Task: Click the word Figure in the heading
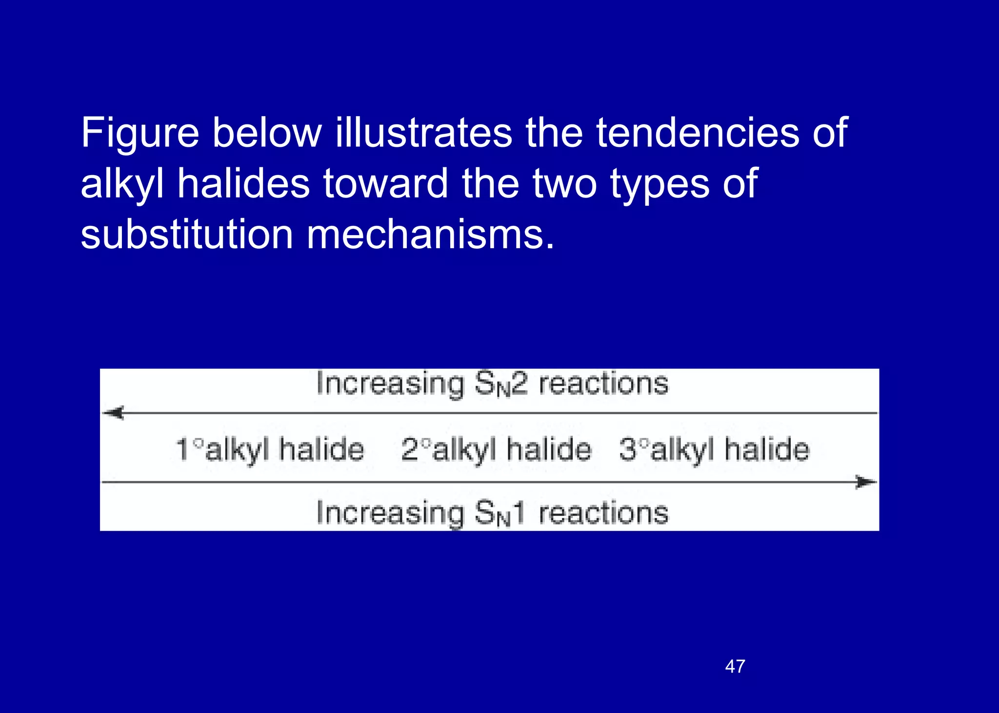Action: [140, 133]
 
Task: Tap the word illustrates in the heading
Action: [423, 133]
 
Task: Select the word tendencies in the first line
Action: [698, 133]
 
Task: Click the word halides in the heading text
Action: [243, 184]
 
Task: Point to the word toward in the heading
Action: [385, 184]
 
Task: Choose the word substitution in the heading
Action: [187, 235]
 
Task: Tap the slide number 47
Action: [735, 666]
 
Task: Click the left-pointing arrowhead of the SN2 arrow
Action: [114, 413]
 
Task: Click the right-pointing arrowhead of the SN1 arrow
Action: [866, 482]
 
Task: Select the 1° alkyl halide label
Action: [270, 449]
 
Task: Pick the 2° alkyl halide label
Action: [496, 449]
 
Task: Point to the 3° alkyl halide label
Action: [714, 449]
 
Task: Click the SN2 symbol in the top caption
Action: [501, 384]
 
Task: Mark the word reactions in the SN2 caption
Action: [603, 384]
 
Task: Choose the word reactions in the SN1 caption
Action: [603, 513]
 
